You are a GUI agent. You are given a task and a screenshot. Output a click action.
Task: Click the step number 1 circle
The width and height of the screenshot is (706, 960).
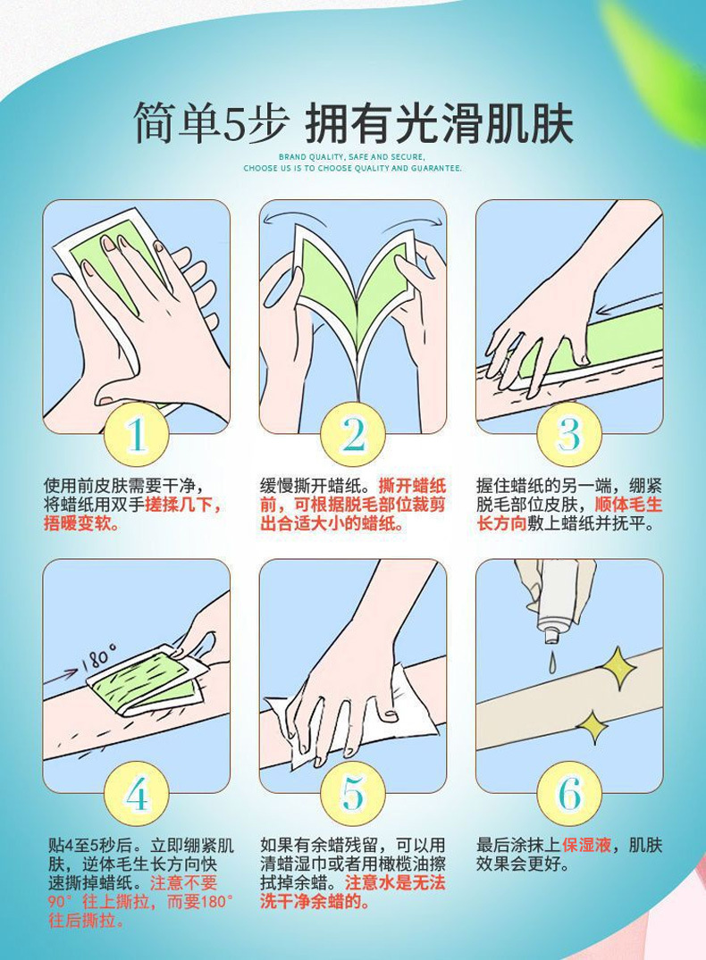click(136, 435)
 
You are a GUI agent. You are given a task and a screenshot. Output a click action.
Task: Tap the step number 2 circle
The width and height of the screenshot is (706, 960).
click(353, 435)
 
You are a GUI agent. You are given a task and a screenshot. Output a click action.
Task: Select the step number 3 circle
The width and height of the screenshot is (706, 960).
click(569, 435)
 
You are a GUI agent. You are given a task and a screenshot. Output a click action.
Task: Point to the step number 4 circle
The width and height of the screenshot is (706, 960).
click(136, 794)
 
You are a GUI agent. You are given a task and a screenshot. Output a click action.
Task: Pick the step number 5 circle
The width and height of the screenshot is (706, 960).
click(353, 794)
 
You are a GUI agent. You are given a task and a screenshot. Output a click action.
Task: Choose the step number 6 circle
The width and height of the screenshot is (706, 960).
click(569, 794)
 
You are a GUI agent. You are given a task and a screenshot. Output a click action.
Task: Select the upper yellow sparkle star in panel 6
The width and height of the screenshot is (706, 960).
click(617, 667)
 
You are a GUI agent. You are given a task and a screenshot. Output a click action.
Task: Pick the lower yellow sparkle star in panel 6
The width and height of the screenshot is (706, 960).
click(592, 727)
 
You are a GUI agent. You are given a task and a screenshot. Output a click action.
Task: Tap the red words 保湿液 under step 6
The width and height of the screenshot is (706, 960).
click(587, 846)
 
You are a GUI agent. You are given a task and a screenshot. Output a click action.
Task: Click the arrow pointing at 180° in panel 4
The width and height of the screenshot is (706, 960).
click(62, 676)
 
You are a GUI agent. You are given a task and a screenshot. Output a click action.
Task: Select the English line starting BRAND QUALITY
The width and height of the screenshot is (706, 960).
click(352, 157)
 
